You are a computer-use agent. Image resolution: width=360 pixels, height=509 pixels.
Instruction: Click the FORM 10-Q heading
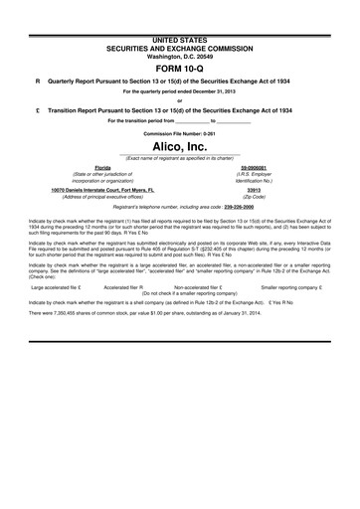[179, 52]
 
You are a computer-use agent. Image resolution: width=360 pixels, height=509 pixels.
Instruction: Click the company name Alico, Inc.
[179, 146]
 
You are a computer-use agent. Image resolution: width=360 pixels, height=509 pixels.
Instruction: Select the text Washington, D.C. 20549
[179, 28]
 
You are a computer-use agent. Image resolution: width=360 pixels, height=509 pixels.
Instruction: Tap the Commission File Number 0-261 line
[179, 131]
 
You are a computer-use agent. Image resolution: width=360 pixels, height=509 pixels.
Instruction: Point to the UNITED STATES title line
[179, 8]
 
